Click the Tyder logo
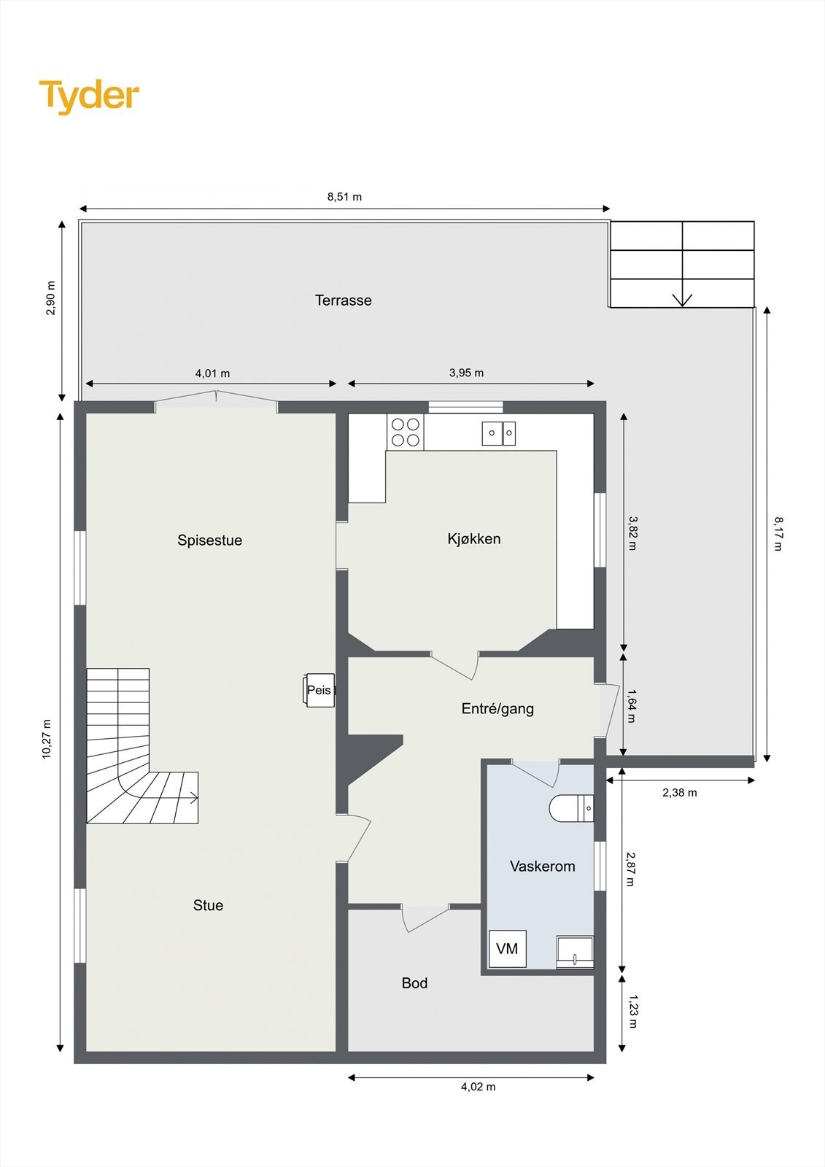point(89,96)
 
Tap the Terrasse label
point(343,301)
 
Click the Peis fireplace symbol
point(319,690)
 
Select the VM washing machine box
point(507,949)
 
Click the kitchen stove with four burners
point(406,432)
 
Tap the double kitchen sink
point(499,433)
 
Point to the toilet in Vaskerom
point(571,808)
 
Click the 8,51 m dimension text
point(344,197)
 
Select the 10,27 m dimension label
point(47,739)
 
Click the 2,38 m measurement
point(679,793)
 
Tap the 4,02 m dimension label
point(478,1087)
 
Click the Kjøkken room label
point(474,539)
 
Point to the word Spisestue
point(209,540)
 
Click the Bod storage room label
point(414,983)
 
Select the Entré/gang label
point(497,708)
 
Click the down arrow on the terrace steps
point(682,299)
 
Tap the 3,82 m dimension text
point(632,533)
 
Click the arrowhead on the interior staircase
point(195,799)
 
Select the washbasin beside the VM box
point(575,953)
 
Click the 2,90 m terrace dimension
point(51,298)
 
